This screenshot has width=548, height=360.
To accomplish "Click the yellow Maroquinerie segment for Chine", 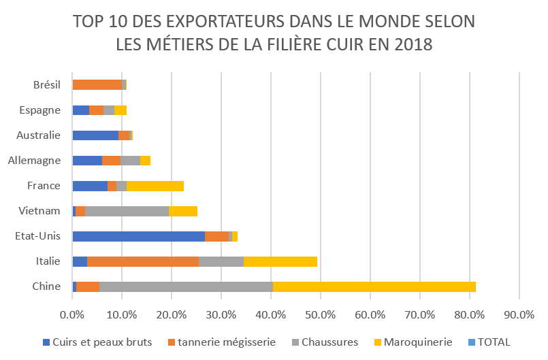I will (x=374, y=287).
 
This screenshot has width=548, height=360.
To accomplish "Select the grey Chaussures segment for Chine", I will (x=186, y=287).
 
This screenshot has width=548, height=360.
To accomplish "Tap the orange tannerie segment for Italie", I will (x=143, y=261).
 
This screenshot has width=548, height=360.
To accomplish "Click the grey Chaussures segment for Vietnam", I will (x=127, y=211).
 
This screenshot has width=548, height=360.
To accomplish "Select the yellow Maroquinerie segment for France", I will (x=155, y=186).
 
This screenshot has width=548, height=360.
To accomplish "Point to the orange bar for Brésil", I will (x=97, y=85).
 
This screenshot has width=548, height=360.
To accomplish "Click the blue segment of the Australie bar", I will (x=95, y=135).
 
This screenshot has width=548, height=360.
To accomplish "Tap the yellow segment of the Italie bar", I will (x=280, y=261).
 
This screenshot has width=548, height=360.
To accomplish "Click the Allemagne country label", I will (x=39, y=161).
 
